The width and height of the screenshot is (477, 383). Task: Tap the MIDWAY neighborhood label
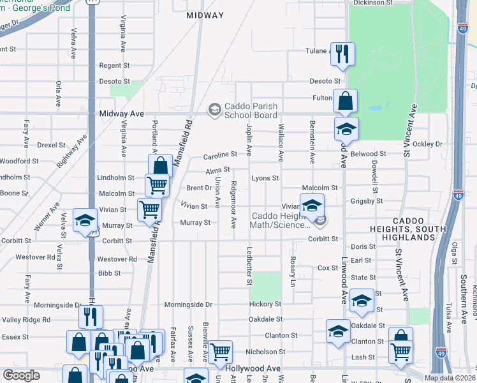(205, 15)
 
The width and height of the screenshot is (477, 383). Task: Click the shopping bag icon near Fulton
(345, 101)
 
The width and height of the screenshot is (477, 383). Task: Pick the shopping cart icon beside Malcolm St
(156, 186)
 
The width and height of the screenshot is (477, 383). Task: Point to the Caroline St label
(220, 154)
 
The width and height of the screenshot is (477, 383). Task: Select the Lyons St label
(265, 178)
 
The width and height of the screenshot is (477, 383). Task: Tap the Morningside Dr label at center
(189, 304)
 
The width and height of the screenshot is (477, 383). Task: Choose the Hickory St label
(265, 304)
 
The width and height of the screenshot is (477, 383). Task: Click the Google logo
(21, 376)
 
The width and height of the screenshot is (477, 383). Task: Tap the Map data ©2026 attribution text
(450, 378)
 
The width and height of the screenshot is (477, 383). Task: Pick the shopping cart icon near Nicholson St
(220, 350)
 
